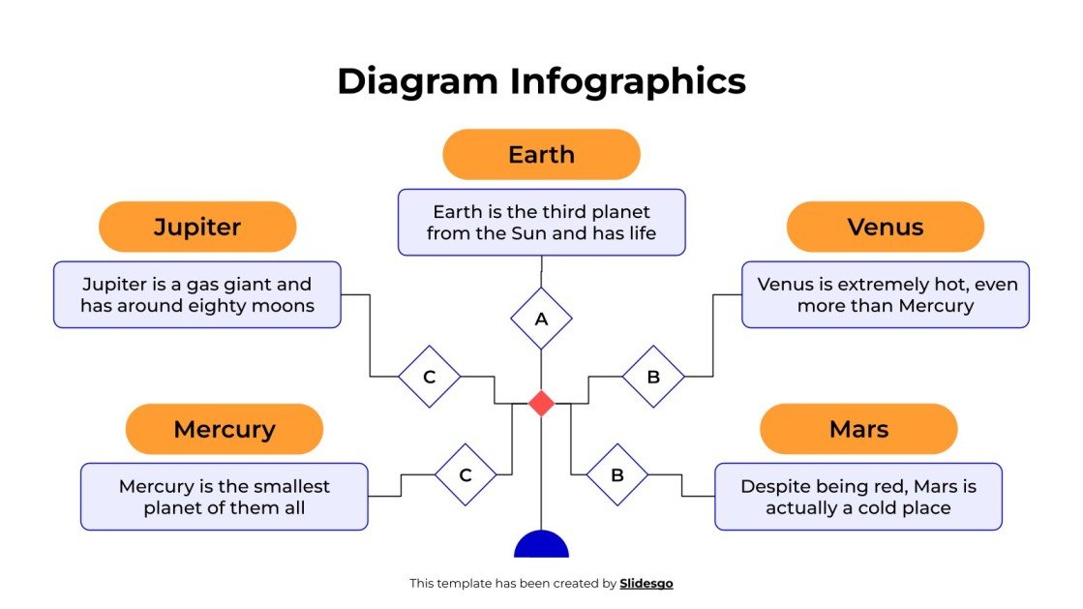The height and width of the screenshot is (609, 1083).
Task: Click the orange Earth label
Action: [541, 155]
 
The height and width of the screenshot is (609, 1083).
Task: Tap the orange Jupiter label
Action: [197, 228]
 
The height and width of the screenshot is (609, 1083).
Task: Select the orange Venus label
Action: [885, 228]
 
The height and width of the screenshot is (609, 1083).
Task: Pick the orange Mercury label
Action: [224, 429]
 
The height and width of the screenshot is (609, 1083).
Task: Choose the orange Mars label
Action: [858, 429]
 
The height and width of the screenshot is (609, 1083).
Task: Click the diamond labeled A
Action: [541, 319]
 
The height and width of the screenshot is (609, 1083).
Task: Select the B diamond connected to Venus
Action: [652, 377]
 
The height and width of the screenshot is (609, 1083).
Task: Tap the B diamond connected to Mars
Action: [617, 475]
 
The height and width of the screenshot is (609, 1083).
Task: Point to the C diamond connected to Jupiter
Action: [429, 377]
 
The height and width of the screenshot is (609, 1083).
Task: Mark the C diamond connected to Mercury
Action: [466, 475]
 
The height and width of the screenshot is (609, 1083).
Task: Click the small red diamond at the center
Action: [541, 403]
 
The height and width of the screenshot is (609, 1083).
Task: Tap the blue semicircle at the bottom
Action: [541, 546]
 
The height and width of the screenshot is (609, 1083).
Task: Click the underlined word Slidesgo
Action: [646, 584]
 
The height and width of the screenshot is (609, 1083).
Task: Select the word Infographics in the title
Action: [628, 81]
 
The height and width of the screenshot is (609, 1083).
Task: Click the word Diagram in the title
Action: [418, 81]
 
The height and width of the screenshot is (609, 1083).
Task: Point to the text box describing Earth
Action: [541, 223]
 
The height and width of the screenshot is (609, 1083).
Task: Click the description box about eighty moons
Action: [197, 294]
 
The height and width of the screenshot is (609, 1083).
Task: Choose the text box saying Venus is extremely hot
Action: [885, 294]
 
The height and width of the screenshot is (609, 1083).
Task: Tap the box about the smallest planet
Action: [224, 497]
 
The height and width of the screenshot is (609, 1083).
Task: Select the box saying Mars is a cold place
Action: [858, 497]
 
